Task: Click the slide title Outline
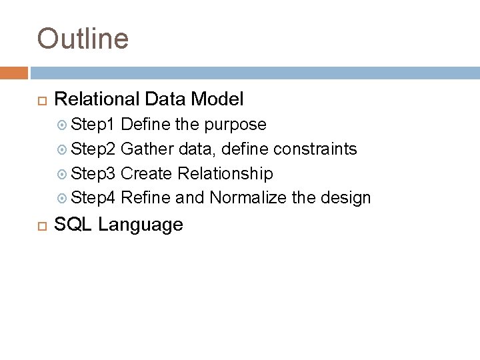tap(83, 39)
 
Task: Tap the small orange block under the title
tap(14, 72)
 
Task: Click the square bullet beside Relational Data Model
tap(39, 101)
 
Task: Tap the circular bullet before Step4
tap(64, 198)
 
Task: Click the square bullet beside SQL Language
tap(39, 225)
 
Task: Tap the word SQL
tap(73, 225)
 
